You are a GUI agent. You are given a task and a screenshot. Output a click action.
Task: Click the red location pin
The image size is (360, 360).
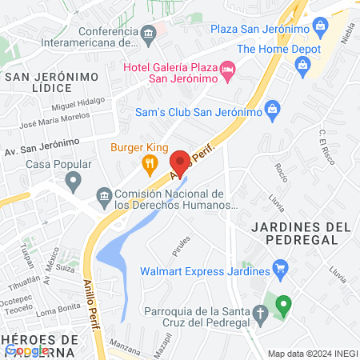click(180, 163)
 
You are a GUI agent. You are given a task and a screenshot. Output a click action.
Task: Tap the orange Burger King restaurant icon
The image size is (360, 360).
click(149, 166)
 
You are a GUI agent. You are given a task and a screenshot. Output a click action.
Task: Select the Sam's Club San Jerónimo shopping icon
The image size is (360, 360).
click(272, 108)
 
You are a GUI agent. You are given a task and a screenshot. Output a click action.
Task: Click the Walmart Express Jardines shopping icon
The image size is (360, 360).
click(280, 266)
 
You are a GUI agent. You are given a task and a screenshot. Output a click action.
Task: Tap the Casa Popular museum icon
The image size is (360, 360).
click(73, 181)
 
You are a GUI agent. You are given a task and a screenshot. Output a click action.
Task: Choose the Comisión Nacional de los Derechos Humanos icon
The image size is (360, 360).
click(103, 195)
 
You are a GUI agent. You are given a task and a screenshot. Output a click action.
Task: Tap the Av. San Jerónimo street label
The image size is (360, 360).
click(42, 146)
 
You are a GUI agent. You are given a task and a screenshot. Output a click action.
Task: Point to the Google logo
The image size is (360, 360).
click(27, 350)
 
